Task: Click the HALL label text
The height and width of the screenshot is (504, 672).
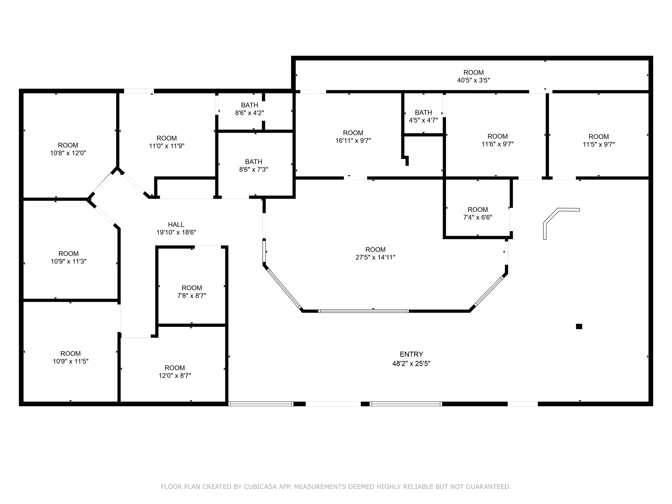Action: (x=176, y=224)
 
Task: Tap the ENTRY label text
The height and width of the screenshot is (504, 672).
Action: (x=411, y=354)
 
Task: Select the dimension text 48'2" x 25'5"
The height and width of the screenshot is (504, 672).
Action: (x=411, y=363)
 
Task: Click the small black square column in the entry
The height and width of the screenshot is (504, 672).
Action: (x=579, y=327)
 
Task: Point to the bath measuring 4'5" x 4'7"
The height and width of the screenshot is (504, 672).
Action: (x=423, y=116)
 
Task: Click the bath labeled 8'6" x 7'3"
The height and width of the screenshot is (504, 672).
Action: (x=253, y=166)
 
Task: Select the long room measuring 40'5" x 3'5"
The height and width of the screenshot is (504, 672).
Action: (x=473, y=76)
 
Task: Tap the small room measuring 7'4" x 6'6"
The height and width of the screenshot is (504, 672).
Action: (x=478, y=213)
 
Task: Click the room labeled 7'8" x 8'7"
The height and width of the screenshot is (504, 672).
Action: (x=192, y=292)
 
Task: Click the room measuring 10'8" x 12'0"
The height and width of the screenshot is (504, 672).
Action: (x=68, y=149)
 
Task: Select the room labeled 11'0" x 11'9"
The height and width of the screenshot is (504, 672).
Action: (x=166, y=142)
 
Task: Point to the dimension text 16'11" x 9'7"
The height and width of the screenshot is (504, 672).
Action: (x=353, y=141)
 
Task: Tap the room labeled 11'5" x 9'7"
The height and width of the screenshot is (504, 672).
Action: (x=598, y=140)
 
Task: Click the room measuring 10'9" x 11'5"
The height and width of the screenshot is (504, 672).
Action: (x=70, y=357)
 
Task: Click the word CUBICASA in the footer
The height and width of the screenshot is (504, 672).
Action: (x=260, y=487)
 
